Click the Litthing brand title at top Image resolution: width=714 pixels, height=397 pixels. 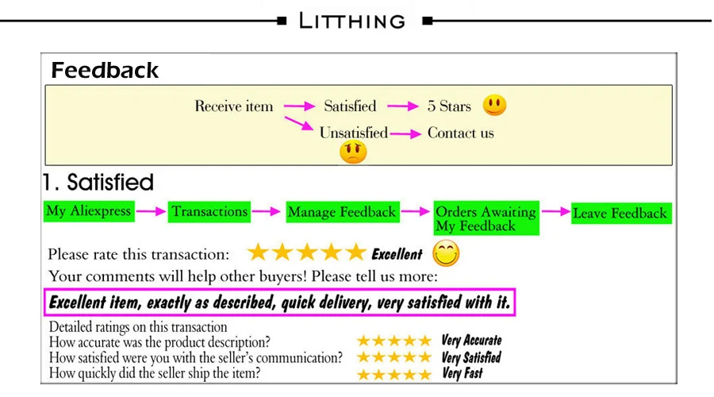click(351, 21)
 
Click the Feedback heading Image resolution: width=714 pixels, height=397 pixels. click(105, 71)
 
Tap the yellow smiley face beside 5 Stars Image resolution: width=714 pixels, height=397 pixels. click(494, 105)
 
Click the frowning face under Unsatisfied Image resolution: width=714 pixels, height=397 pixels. click(353, 152)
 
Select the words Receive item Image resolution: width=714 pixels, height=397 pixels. click(234, 106)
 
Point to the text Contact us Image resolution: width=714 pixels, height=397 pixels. click(460, 133)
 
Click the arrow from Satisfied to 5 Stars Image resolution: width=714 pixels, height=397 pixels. click(401, 106)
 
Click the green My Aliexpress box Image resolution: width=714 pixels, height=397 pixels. click(88, 211)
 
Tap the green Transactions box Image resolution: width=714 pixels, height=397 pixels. click(210, 212)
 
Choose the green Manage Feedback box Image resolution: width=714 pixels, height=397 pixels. click(341, 212)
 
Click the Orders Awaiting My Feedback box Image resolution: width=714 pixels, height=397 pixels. click(486, 218)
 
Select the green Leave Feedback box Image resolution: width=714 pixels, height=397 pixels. click(620, 213)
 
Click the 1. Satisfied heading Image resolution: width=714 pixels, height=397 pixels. click(98, 183)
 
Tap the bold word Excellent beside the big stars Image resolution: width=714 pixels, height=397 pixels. click(397, 254)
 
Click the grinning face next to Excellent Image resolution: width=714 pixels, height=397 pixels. click(447, 254)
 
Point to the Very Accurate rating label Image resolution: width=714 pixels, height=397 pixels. click(471, 341)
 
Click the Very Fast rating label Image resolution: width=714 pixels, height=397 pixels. click(463, 373)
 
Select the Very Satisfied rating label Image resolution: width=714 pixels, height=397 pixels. click(471, 357)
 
